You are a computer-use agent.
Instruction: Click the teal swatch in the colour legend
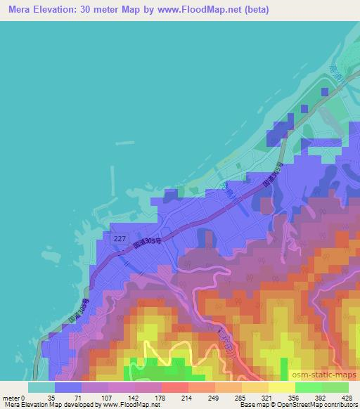point(41,387)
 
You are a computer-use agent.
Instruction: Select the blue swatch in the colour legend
point(68,387)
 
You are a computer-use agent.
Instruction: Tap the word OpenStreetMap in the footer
point(309,405)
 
